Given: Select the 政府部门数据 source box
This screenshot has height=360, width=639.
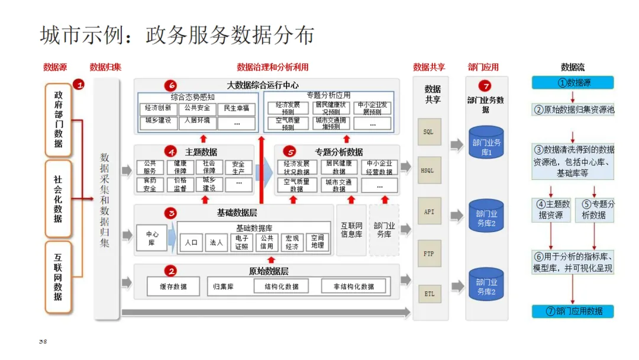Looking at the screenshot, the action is click(58, 120).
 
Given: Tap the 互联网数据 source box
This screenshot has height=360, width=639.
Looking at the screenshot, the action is click(58, 277).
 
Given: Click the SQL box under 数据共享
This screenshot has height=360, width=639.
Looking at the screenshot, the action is click(428, 132).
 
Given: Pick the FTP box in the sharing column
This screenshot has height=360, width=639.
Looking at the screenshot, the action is click(428, 253).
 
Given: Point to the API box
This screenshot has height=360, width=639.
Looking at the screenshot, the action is click(428, 212).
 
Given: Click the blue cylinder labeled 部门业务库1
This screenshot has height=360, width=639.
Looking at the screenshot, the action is click(486, 142).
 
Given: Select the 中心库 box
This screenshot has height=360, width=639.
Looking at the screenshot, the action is click(152, 239).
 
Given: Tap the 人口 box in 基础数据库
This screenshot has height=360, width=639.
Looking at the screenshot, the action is click(191, 242).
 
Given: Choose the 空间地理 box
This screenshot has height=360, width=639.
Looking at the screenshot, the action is click(318, 242).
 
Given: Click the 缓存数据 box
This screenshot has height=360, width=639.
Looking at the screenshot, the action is click(173, 287).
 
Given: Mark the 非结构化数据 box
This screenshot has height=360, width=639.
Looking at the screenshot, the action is click(353, 287).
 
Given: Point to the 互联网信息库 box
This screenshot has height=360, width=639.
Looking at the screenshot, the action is click(351, 230).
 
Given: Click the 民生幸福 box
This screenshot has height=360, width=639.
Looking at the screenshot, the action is click(237, 108).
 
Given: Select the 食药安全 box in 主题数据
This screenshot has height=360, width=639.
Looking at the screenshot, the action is click(150, 184).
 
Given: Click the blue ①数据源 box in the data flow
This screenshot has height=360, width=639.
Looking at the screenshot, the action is click(572, 83).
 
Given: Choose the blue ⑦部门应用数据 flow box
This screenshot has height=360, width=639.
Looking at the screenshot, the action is click(572, 311).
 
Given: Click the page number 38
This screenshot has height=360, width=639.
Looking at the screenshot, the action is click(43, 342).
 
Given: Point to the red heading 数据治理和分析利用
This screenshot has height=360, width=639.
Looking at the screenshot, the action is click(272, 67).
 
